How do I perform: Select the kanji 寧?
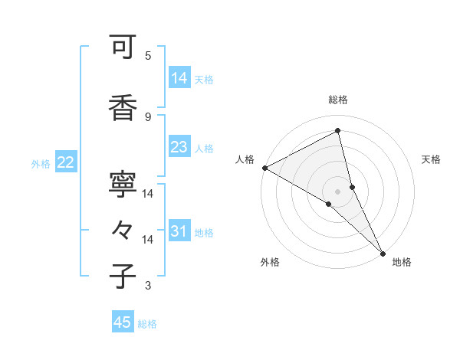123,185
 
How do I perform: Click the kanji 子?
123,277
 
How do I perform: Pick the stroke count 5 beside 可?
148,55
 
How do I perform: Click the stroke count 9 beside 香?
148,116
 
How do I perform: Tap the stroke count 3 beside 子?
148,286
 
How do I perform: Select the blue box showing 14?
179,77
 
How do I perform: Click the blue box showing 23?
179,147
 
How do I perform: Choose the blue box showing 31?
179,231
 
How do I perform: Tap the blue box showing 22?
66,162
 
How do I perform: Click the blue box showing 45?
123,322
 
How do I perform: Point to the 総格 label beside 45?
147,324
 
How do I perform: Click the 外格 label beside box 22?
41,163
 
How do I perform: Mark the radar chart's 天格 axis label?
431,159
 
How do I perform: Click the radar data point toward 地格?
383,252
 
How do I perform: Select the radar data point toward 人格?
264,168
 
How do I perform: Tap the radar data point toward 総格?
337,131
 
